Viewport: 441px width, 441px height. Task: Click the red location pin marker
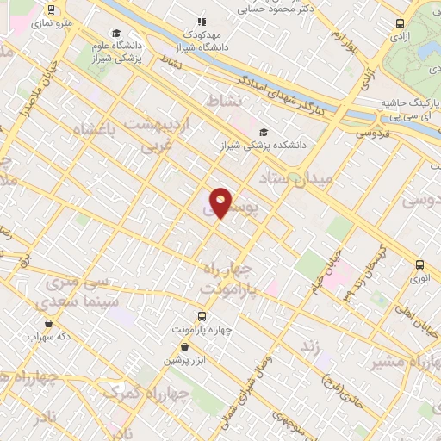(x=221, y=202)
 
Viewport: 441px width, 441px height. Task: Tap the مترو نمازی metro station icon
(x=53, y=9)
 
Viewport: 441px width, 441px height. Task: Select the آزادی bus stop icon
(x=399, y=24)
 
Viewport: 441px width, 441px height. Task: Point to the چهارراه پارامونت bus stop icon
(x=202, y=316)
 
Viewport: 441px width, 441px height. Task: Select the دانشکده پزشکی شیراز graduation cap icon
(x=263, y=132)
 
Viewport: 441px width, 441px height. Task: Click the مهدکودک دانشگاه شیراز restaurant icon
(x=202, y=22)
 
